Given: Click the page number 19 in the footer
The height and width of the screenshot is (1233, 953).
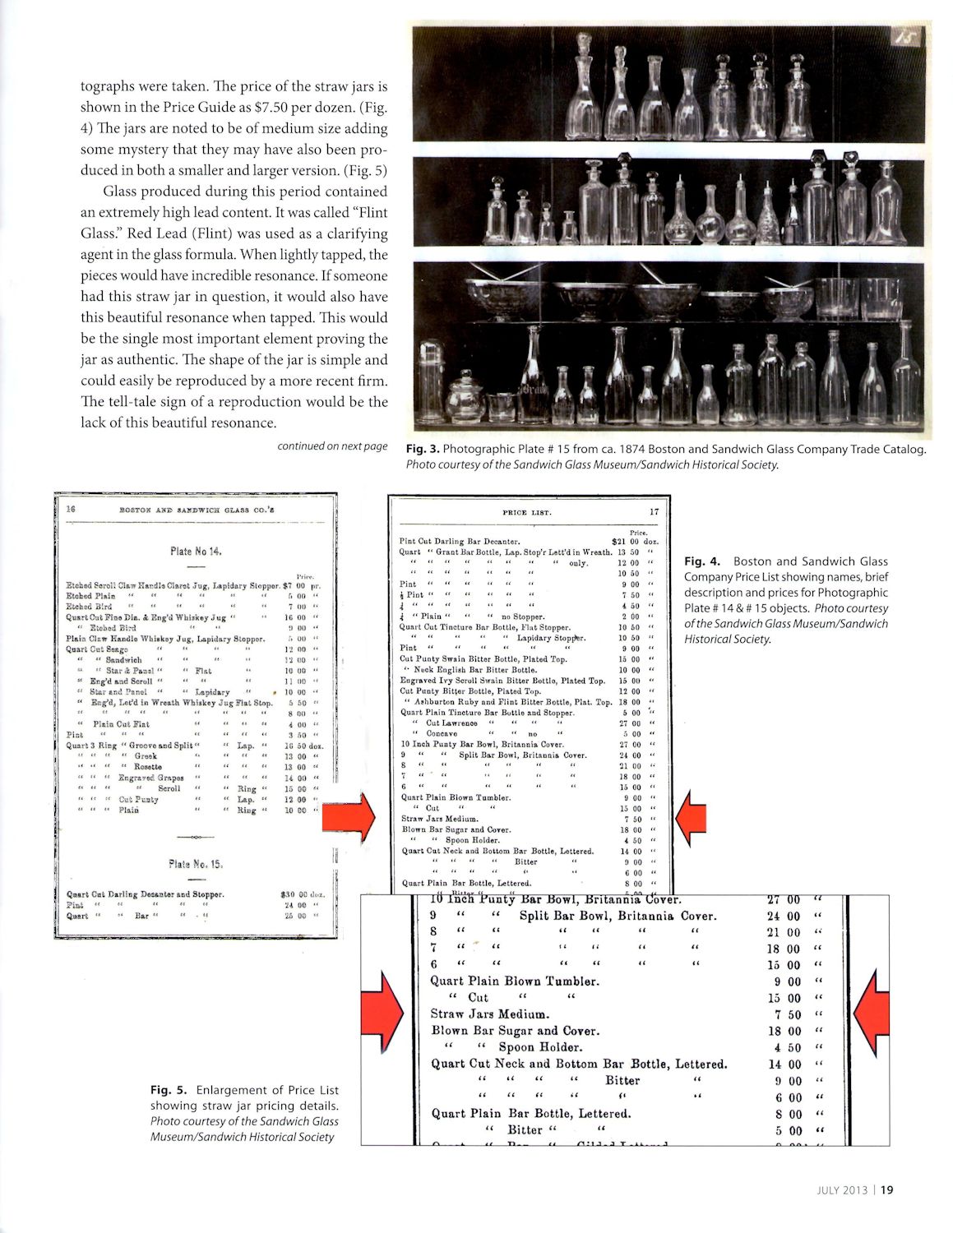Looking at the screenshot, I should pos(887,1188).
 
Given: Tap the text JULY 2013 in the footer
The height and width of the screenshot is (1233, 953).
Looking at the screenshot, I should pos(844,1188).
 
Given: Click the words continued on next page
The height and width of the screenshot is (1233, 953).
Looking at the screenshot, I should pos(332,446).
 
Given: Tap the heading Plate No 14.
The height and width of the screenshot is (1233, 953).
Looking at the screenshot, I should pos(196,552).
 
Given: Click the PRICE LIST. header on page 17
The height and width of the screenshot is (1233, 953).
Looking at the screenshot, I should pos(527,513).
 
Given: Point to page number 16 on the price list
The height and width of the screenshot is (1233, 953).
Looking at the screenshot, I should pos(71,509).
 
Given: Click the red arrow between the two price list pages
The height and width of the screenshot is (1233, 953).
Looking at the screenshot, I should pos(348,818).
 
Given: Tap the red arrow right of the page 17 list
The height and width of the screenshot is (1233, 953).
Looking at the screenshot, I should pos(689,817).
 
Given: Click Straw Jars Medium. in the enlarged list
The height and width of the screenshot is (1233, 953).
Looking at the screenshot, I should pos(490,1014).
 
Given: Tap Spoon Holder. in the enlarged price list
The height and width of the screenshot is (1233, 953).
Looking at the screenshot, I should pos(539,1047).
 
